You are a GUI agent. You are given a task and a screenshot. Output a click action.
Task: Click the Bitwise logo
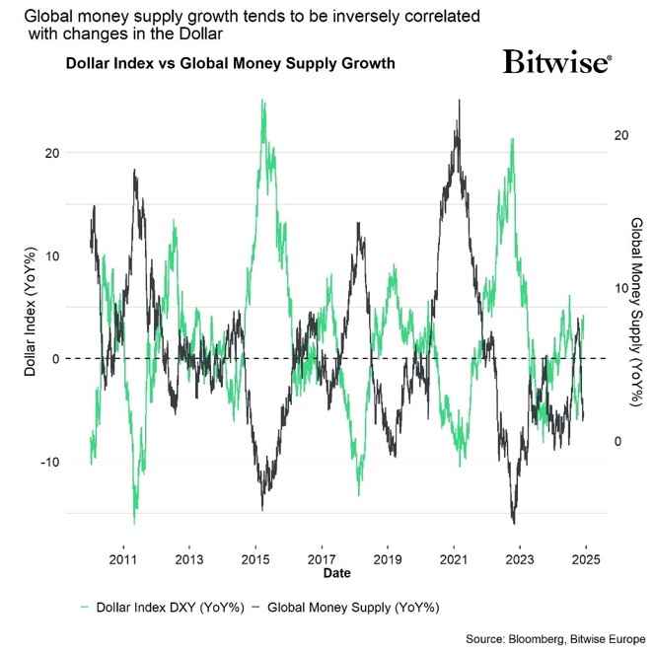tap(557, 63)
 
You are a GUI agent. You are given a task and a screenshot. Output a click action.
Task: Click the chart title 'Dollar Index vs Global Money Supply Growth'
tap(230, 64)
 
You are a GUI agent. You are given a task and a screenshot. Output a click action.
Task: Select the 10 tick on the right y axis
tap(620, 288)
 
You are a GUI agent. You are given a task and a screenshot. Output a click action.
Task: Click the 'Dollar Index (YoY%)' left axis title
tap(30, 308)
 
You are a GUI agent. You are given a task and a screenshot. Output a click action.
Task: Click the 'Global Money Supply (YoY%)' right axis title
tap(636, 296)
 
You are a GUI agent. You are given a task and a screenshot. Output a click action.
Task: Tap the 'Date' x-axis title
tap(337, 572)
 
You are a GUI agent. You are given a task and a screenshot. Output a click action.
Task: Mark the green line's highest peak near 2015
tap(262, 101)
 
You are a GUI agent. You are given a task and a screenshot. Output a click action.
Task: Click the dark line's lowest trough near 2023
tap(514, 522)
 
